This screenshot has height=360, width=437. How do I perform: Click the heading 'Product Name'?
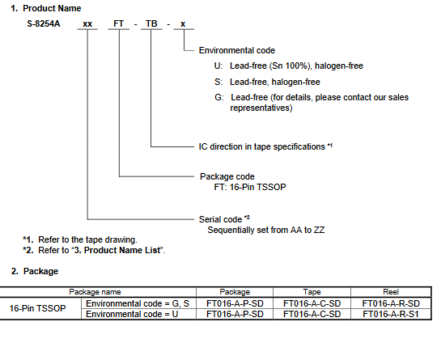pyautogui.click(x=52, y=8)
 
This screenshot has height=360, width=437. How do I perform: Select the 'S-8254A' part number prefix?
pyautogui.click(x=44, y=23)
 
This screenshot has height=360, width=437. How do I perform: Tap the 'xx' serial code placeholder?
pyautogui.click(x=87, y=24)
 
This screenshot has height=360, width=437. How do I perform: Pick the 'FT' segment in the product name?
pyautogui.click(x=118, y=23)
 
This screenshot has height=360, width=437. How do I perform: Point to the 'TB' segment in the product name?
pyautogui.click(x=151, y=23)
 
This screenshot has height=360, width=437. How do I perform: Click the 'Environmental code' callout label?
pyautogui.click(x=237, y=50)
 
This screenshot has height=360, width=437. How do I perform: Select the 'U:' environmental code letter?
pyautogui.click(x=218, y=66)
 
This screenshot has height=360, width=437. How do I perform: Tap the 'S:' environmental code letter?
pyautogui.click(x=218, y=82)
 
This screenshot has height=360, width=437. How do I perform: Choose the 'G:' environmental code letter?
pyautogui.click(x=219, y=97)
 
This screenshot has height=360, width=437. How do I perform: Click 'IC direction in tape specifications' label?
pyautogui.click(x=261, y=146)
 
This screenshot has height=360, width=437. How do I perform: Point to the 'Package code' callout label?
pyautogui.click(x=227, y=176)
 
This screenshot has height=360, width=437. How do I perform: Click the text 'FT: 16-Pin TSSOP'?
pyautogui.click(x=250, y=187)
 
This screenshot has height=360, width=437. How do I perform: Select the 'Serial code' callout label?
pyautogui.click(x=220, y=219)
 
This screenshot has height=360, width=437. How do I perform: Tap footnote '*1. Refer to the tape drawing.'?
pyautogui.click(x=80, y=239)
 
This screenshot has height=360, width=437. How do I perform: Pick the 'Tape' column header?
pyautogui.click(x=312, y=292)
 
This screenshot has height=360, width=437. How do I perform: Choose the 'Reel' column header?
pyautogui.click(x=391, y=292)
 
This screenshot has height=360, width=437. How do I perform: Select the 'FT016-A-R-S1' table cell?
pyautogui.click(x=391, y=315)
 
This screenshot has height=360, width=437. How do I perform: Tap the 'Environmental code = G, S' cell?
pyautogui.click(x=138, y=303)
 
